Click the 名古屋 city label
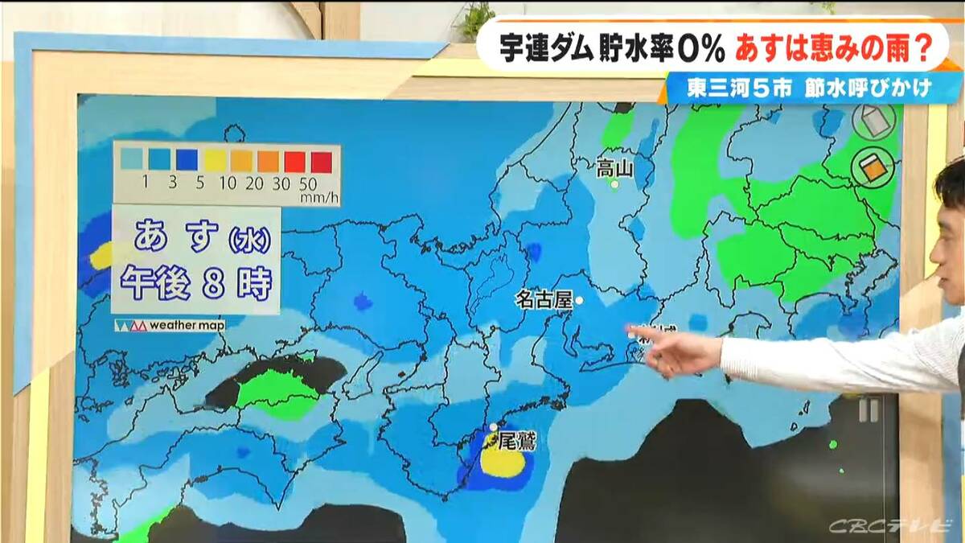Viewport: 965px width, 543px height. [x=544, y=300]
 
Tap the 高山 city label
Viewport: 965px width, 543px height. [x=615, y=168]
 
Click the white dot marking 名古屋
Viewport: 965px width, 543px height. [x=579, y=300]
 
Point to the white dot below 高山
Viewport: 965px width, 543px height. [x=615, y=185]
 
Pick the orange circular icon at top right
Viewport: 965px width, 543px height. [x=872, y=167]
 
